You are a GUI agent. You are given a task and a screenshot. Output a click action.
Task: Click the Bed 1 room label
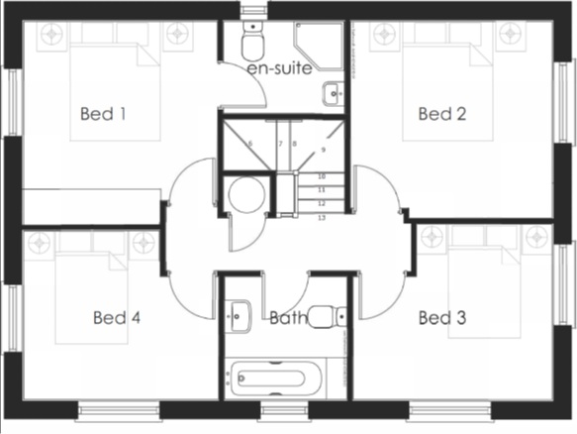point(103,114)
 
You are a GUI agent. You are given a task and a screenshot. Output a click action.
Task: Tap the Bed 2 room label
point(441,114)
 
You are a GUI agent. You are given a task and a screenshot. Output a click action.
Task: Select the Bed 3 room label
point(441,318)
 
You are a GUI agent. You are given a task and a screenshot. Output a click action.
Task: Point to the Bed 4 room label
point(117,318)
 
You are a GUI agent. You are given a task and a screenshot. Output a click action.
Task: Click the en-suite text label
point(280,69)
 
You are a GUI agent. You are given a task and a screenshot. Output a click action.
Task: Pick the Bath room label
point(286,318)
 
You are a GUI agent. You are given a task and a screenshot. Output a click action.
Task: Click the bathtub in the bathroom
point(273,378)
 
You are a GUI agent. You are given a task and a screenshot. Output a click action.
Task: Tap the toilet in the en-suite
point(252,45)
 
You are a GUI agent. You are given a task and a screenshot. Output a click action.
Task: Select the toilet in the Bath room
point(323,317)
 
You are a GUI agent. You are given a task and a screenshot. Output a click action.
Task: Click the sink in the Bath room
point(238,315)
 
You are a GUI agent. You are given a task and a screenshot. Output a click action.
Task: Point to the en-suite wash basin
point(332,94)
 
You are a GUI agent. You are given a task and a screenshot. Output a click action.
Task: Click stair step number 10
point(321,176)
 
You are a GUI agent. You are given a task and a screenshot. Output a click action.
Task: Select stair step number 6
point(249,145)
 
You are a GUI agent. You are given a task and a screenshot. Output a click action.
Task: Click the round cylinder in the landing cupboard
point(243,195)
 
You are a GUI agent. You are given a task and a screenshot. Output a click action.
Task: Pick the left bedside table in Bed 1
point(50,35)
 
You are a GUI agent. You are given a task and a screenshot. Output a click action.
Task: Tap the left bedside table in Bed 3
point(433,238)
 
